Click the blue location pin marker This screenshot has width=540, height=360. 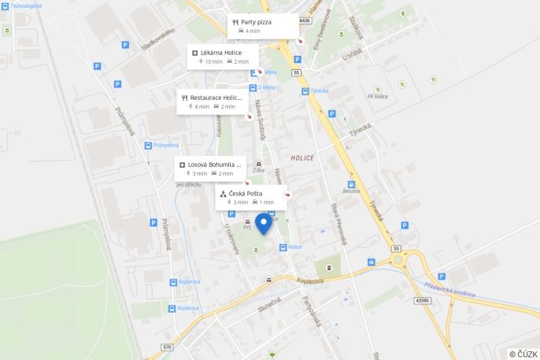[263, 222]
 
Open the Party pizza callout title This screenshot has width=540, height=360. [256, 22]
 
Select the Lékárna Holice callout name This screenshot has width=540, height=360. [221, 53]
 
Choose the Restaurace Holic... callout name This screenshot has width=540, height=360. [215, 98]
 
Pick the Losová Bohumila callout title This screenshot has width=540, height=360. [215, 165]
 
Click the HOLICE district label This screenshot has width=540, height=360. [302, 158]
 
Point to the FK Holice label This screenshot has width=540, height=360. [378, 97]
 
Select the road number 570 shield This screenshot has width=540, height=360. [167, 347]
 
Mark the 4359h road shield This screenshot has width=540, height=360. [423, 300]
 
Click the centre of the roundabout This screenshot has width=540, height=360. [398, 259]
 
